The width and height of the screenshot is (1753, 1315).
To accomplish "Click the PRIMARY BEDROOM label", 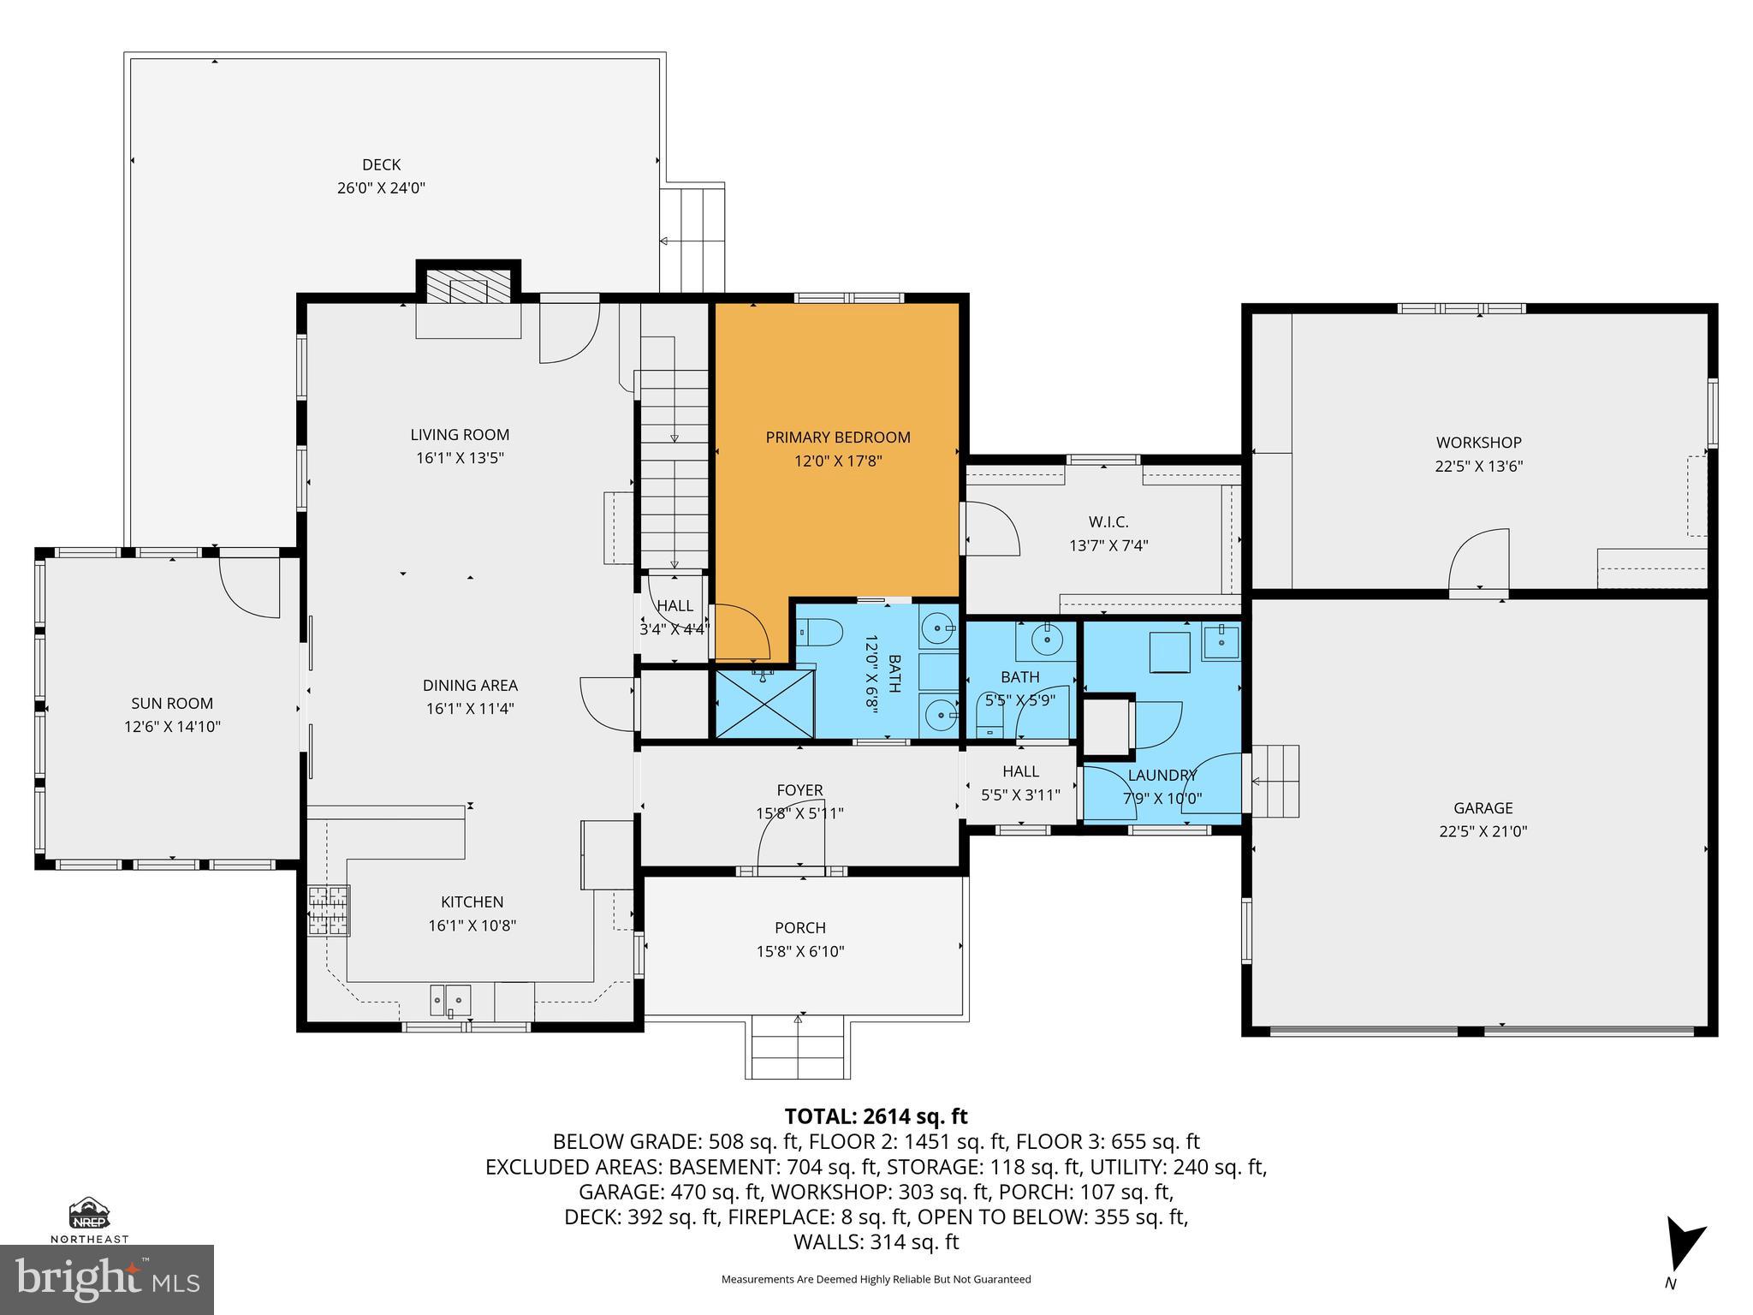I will point(837,437).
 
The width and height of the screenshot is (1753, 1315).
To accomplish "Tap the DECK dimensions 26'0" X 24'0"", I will point(381,188).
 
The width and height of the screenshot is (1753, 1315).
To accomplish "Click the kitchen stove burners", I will point(330,910).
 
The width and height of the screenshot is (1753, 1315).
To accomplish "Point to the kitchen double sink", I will point(450,998).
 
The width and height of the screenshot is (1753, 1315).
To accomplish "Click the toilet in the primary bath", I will point(819,634).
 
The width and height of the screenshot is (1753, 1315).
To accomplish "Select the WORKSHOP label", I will point(1478,443).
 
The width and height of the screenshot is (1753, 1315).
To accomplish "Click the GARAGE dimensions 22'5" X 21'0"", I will point(1483,831).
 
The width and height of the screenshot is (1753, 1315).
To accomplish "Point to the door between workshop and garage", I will point(1478,561).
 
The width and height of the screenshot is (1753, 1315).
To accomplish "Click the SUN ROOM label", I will point(172,704).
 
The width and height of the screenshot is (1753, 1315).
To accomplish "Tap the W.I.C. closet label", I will point(1108,522).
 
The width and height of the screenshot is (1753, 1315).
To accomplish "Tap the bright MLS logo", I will point(107,1278).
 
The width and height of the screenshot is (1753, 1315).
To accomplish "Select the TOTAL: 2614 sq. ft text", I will point(876,1116).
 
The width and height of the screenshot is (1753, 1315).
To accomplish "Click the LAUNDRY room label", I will point(1162,776).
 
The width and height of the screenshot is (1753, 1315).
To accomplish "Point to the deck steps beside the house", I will point(692,240).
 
